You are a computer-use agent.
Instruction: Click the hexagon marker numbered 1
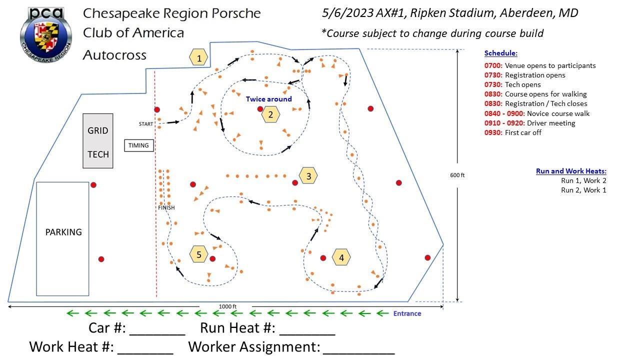[x=199, y=58]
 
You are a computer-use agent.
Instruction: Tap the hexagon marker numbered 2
[x=270, y=114]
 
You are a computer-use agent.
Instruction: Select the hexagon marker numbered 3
[x=308, y=176]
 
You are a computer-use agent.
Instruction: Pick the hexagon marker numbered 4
[x=341, y=257]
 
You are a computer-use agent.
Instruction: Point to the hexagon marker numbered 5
[x=199, y=254]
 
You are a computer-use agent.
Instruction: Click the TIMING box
[x=138, y=145]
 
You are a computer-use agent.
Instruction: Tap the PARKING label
[x=63, y=232]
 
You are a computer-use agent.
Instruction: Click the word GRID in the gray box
[x=98, y=130]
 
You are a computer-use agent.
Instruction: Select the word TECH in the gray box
[x=98, y=154]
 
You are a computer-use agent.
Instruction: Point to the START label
[x=146, y=123]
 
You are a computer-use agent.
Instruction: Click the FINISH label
[x=166, y=207]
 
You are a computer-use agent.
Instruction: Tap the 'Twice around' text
[x=268, y=99]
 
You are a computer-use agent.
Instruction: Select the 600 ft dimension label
[x=457, y=175]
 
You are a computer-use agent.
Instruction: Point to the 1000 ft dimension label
[x=227, y=306]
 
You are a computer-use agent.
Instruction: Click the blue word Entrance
[x=407, y=313]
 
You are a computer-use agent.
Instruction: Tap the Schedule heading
[x=501, y=53]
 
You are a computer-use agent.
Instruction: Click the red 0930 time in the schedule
[x=493, y=132]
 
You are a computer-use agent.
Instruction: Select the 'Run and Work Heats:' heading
[x=571, y=171]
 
